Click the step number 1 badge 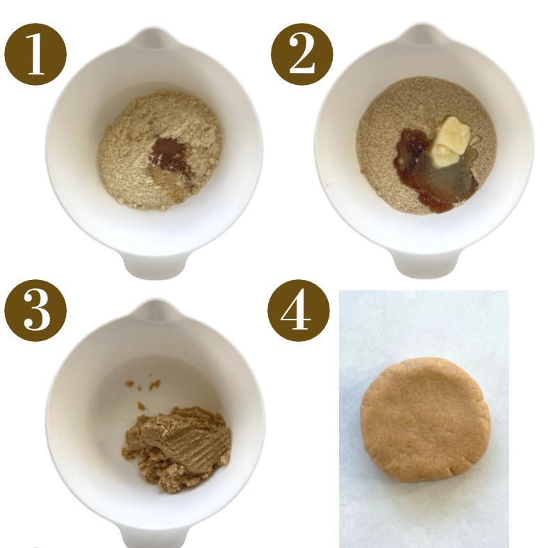pos(36,54)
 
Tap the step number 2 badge pos(302,54)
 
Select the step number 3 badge pos(36,311)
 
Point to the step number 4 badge pos(299,311)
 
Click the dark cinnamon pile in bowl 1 pos(170,154)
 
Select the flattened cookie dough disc pos(425,420)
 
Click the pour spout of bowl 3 pos(155,311)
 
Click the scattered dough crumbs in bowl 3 pos(143,390)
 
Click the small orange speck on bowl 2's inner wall pos(328,185)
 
